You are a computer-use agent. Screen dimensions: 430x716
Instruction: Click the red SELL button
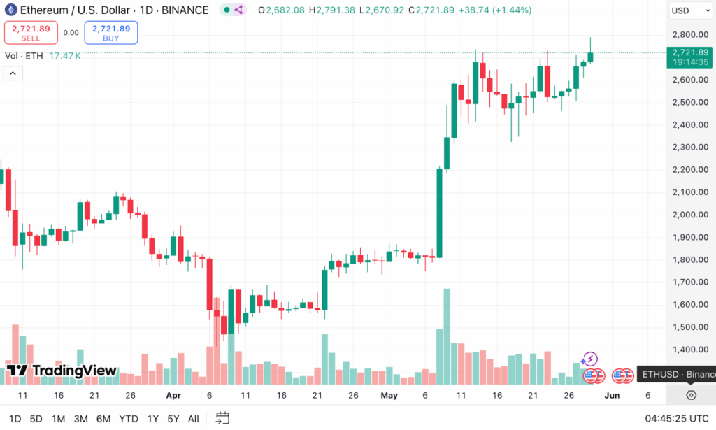(31, 32)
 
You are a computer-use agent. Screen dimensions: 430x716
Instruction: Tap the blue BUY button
(111, 32)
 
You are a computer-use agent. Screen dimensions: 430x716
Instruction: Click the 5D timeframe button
(36, 419)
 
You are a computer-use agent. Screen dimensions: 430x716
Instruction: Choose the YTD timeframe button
(128, 419)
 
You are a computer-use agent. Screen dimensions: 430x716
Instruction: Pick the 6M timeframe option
(103, 419)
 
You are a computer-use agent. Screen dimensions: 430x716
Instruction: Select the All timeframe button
(193, 419)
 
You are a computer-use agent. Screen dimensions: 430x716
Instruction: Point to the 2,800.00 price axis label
(689, 35)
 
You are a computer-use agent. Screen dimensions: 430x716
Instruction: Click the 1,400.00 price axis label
(689, 350)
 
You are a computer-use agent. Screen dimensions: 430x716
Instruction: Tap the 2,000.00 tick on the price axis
(689, 215)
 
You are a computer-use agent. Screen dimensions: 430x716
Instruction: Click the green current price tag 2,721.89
(689, 52)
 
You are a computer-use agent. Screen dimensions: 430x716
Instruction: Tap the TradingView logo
(62, 371)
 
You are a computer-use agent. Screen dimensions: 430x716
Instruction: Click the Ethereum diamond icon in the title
(10, 10)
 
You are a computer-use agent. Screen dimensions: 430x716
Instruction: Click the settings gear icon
(691, 395)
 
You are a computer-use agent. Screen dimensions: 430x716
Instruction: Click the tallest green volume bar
(447, 336)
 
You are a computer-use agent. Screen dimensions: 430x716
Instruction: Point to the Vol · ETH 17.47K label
(43, 56)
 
